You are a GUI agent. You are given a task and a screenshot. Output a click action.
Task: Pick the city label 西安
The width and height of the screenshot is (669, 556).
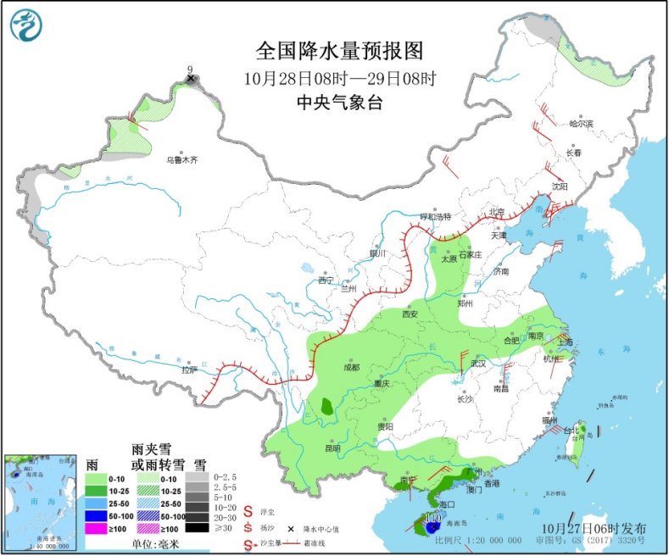410,313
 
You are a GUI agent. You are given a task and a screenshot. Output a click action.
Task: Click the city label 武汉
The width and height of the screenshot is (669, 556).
479,364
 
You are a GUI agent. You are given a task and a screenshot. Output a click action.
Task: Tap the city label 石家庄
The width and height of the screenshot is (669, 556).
470,253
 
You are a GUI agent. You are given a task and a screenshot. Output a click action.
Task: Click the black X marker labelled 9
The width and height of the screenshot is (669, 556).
191,79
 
